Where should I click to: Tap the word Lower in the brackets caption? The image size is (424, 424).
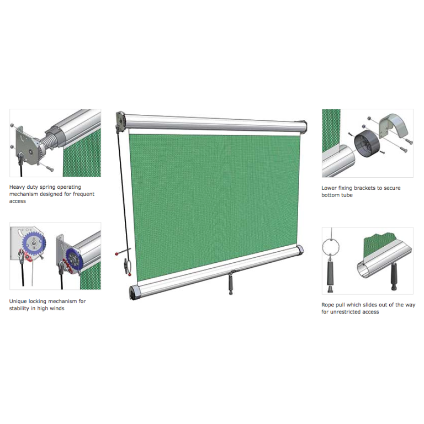pos(330,188)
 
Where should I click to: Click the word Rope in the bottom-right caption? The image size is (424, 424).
pos(328,305)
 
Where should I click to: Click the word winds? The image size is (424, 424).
pos(57,308)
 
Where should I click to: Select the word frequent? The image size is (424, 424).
pos(83,194)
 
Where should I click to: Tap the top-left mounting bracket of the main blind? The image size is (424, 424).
pos(120,121)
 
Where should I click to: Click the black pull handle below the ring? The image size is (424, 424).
pos(331,274)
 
